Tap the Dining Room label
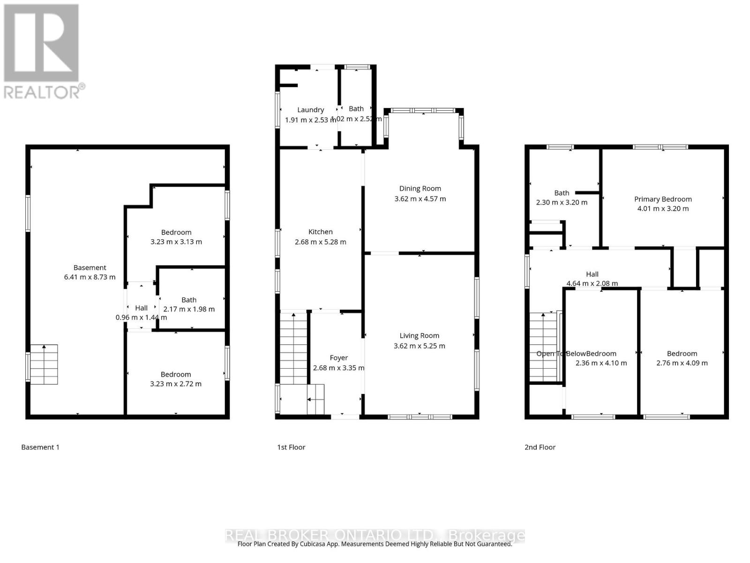pos(420,189)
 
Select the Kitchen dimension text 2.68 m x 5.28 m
pos(321,242)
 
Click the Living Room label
pos(419,335)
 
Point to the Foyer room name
pos(338,358)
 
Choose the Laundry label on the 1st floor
pos(310,110)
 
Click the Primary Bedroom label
pos(663,199)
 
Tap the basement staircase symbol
pos(44,365)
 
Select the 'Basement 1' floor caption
pos(40,447)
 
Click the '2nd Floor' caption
pos(540,447)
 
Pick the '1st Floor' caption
pos(291,447)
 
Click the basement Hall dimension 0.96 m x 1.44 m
pos(141,318)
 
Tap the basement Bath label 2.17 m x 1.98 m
pos(189,309)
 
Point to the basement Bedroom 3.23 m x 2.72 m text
pos(176,384)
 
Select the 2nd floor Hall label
pos(592,274)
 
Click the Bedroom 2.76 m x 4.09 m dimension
pos(682,363)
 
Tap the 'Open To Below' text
pos(551,354)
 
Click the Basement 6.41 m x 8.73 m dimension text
pos(90,277)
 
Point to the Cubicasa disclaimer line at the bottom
pos(375,544)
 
